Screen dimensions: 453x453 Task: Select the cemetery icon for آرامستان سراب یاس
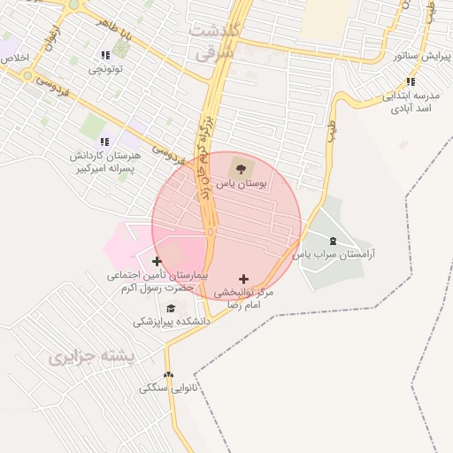click(x=333, y=241)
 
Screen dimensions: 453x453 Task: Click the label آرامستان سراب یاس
click(x=334, y=255)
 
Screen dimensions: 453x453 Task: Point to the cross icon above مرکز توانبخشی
click(x=244, y=279)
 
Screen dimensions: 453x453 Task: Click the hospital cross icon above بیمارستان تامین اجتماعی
click(x=157, y=261)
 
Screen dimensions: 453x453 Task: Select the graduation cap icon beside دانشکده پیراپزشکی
click(x=170, y=308)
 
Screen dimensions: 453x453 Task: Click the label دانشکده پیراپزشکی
click(x=172, y=322)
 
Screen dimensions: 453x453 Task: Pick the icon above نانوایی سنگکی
click(x=169, y=374)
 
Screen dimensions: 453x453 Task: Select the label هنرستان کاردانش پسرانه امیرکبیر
click(x=103, y=162)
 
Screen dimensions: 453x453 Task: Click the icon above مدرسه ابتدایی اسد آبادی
click(x=411, y=82)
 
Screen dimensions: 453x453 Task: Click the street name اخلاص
click(x=15, y=58)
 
